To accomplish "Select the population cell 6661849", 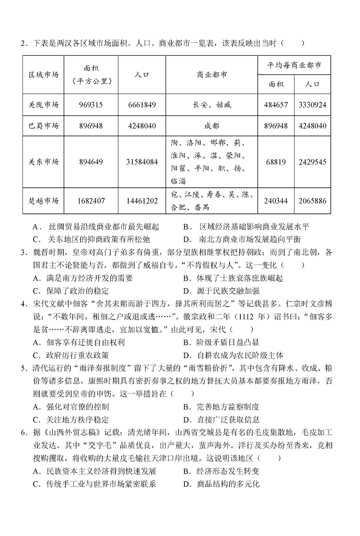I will [x=142, y=105].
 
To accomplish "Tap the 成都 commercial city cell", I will [x=211, y=126].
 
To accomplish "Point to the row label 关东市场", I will [x=44, y=162].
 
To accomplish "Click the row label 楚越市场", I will [x=44, y=201].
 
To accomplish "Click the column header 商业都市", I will [x=211, y=74].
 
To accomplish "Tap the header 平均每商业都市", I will [x=294, y=65].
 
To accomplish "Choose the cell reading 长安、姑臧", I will [x=211, y=105].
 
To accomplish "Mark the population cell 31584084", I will [x=142, y=162].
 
